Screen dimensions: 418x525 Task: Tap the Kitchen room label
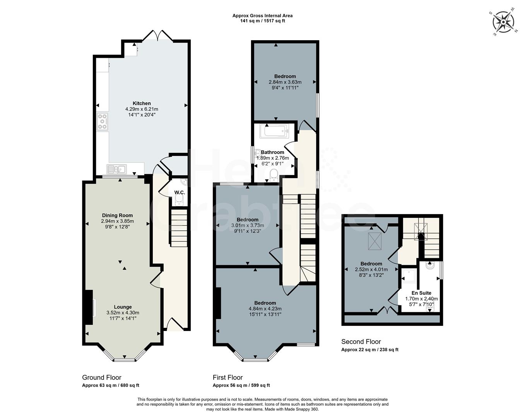142,103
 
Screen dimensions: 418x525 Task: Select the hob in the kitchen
103,122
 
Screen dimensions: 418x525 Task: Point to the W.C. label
179,192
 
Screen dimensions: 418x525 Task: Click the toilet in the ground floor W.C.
179,199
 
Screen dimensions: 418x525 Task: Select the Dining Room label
117,216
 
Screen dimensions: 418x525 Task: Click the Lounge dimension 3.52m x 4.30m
123,313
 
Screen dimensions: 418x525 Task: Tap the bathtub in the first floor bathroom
274,131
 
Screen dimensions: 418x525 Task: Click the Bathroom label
272,152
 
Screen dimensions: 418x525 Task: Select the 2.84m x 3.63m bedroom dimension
285,82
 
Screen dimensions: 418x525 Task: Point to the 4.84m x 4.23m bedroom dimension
265,309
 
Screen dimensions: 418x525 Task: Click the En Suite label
421,293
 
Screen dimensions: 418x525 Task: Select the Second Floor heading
361,342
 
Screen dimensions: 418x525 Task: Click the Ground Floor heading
102,377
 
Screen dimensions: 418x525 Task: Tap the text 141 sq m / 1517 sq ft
262,21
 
